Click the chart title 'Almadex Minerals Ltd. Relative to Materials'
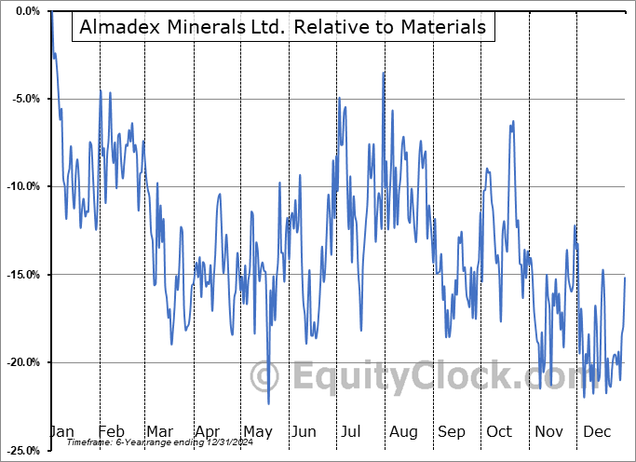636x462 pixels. point(284,27)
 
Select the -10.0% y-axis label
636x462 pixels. point(23,186)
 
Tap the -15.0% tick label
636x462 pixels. point(23,275)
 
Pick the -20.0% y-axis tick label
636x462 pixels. point(23,362)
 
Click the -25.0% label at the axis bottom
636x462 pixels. point(23,450)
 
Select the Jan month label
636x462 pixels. point(61,432)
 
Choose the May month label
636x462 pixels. point(257,432)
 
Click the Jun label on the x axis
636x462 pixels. point(304,432)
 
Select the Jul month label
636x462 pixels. point(350,432)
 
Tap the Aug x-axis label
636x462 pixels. point(402,432)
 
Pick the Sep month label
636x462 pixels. point(451,432)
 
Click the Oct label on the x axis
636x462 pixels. point(498,432)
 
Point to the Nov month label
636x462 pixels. point(548,432)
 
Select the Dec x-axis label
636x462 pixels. point(596,432)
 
